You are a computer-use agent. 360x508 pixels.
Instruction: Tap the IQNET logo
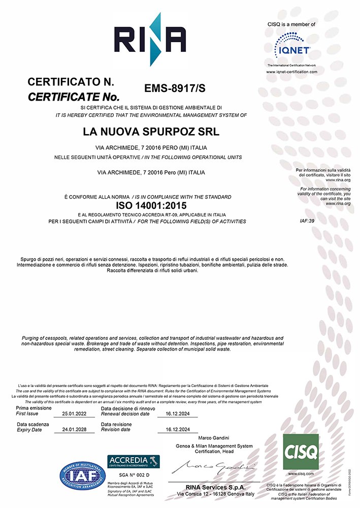[292, 46]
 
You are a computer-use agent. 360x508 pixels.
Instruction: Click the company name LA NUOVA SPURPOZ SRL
[151, 132]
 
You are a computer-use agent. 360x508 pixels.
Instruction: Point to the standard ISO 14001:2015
[151, 206]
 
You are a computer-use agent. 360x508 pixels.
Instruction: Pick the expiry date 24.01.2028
[74, 429]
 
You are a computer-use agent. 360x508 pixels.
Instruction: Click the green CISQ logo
[301, 452]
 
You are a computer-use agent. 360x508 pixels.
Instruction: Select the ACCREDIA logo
[134, 462]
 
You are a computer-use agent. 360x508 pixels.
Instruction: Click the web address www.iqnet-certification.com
[292, 72]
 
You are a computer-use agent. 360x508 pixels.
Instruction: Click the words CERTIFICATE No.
[73, 96]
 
